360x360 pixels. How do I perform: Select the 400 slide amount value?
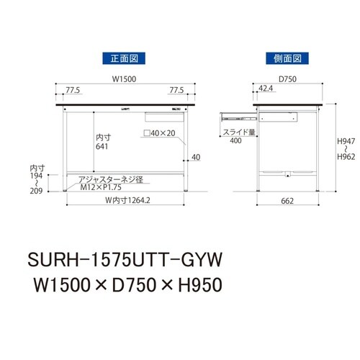pos(235,141)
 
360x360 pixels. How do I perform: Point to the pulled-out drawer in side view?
pos(237,112)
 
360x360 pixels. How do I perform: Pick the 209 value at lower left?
pos(33,192)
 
